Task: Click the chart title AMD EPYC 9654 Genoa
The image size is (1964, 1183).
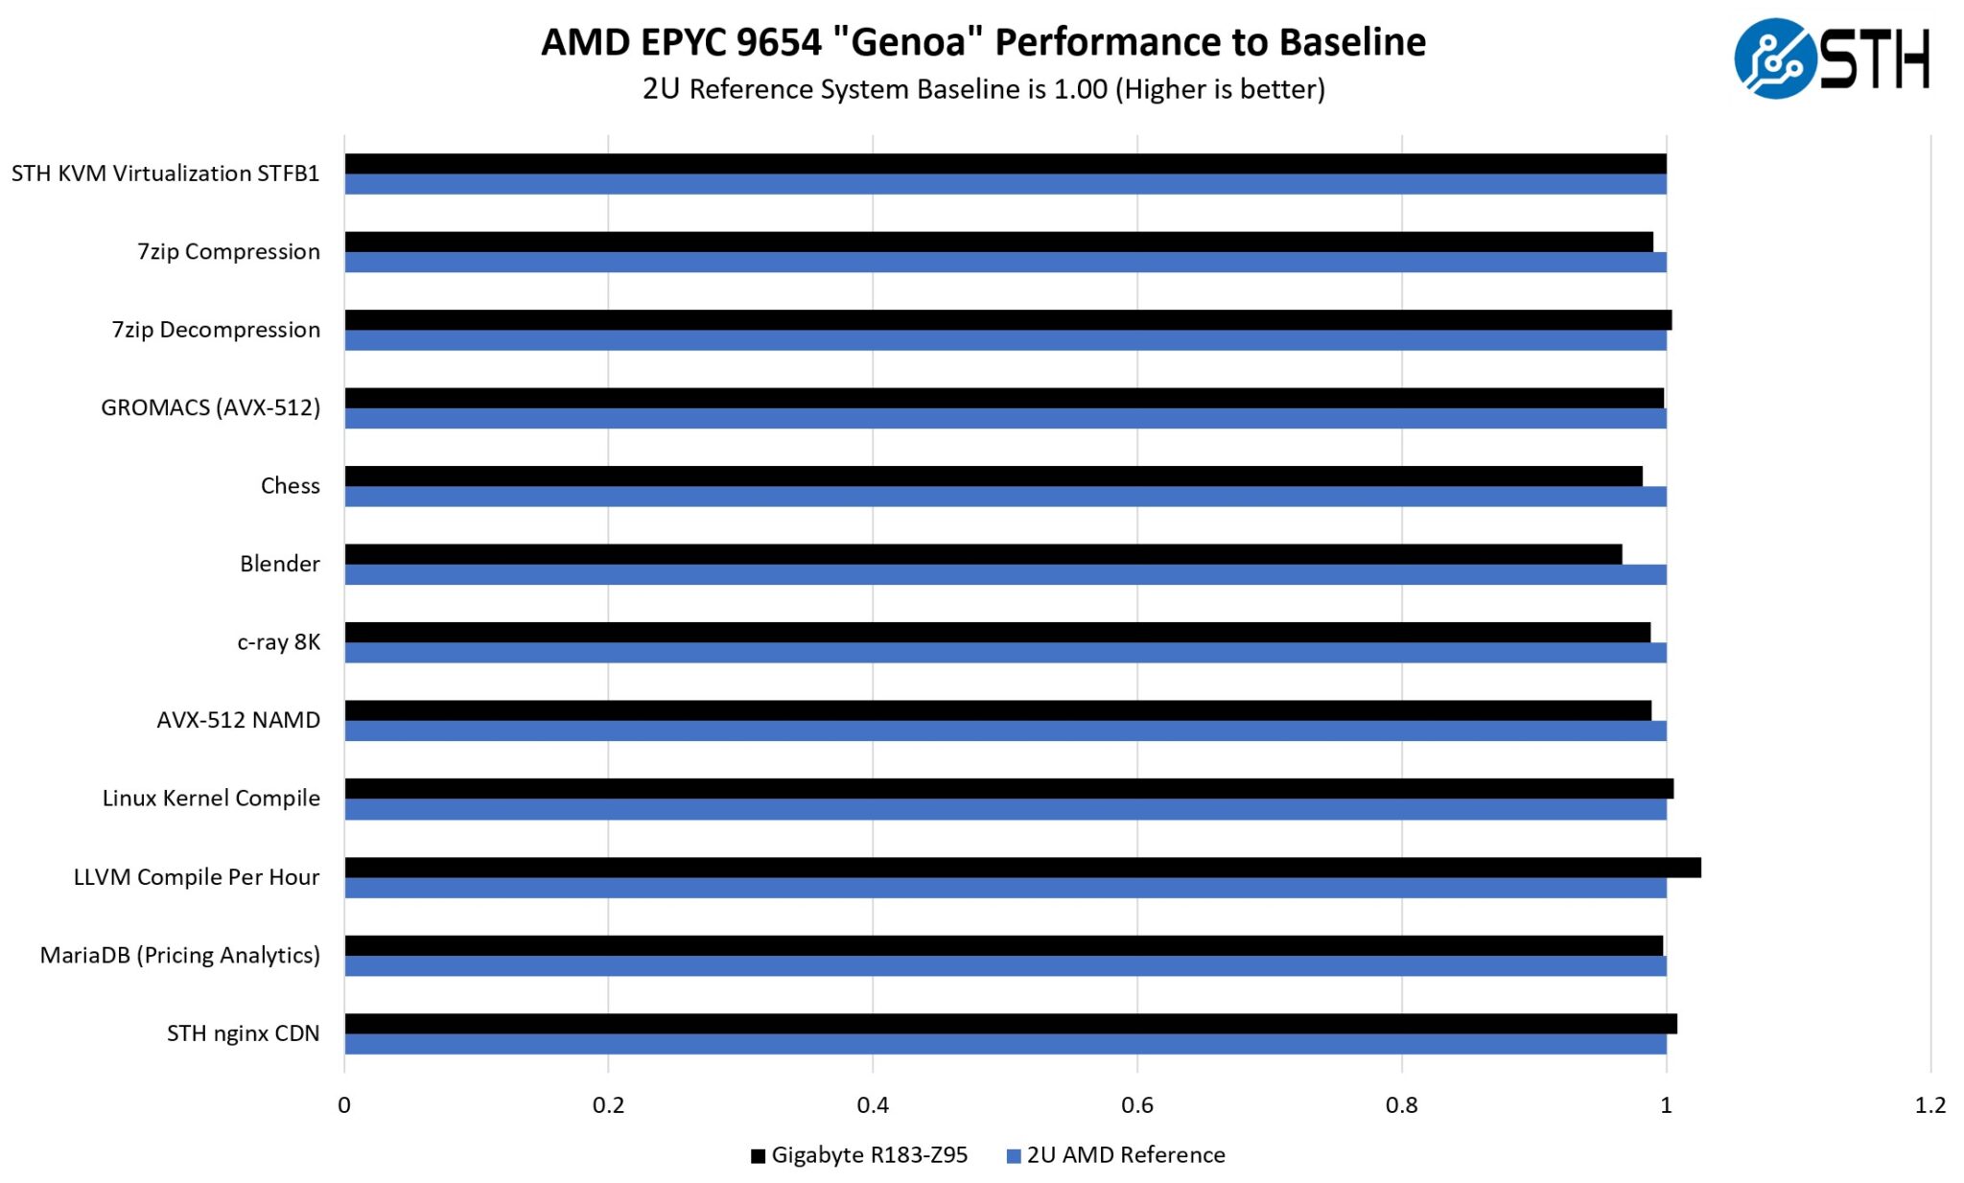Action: (x=983, y=42)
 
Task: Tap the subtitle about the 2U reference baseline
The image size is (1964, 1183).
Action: (x=983, y=89)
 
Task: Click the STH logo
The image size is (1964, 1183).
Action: (x=1831, y=58)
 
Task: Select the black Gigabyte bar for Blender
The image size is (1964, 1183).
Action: (x=983, y=554)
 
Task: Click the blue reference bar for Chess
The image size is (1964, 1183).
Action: (x=1005, y=497)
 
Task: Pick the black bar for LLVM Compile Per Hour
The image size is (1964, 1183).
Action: (x=1022, y=868)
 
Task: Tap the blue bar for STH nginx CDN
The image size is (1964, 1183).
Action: (x=1005, y=1044)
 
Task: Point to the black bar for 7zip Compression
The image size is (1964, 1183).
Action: (x=998, y=242)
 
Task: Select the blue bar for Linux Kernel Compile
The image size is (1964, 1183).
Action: (x=1005, y=810)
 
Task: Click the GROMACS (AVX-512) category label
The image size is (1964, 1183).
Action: (x=211, y=407)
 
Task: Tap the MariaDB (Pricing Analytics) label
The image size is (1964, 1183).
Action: (x=180, y=955)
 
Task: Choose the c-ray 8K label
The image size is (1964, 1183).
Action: (x=279, y=641)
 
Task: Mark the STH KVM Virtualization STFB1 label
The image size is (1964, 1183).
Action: (x=166, y=174)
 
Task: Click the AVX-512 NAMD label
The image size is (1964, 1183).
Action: (x=239, y=720)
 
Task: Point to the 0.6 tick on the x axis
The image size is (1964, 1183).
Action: (x=1136, y=1105)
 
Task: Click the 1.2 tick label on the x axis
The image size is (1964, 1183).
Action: (x=1929, y=1105)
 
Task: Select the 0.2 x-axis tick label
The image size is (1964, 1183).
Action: (x=608, y=1105)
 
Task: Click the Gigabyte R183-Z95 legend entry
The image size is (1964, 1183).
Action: (x=859, y=1155)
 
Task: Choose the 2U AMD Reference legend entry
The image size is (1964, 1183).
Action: (x=1116, y=1155)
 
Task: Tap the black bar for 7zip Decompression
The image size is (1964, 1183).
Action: (x=1008, y=320)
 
